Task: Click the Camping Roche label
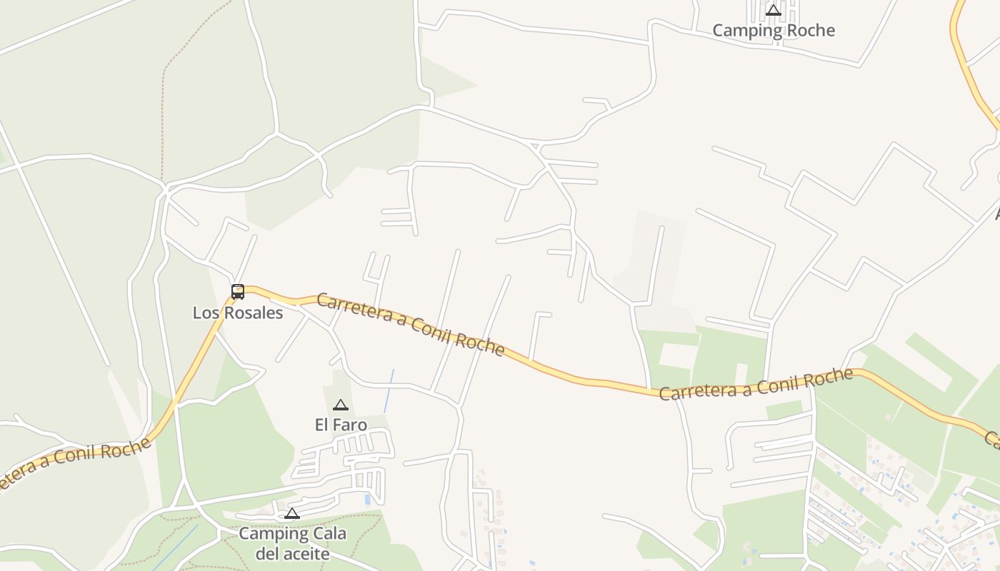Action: [x=774, y=30]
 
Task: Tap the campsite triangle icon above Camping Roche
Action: [x=774, y=10]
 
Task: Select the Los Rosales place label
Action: [x=238, y=313]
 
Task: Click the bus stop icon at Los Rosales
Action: [x=238, y=291]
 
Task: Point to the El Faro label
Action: [x=341, y=425]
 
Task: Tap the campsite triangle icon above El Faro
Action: [x=341, y=405]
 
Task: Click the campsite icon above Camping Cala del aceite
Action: [x=291, y=513]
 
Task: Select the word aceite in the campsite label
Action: [x=304, y=554]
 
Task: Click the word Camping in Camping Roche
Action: [x=744, y=30]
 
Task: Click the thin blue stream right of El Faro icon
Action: [x=389, y=389]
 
